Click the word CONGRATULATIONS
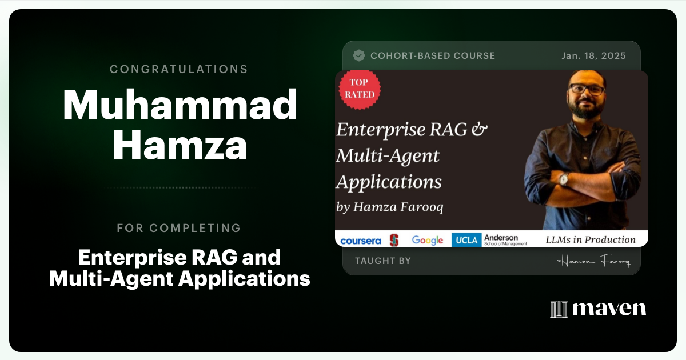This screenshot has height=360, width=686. (x=178, y=69)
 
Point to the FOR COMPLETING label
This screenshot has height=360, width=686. (x=178, y=228)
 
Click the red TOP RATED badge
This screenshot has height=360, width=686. (x=360, y=89)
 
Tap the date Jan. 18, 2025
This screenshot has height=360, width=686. (x=593, y=56)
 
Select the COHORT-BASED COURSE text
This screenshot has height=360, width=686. (x=433, y=56)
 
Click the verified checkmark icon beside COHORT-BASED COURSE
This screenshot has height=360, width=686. (x=359, y=55)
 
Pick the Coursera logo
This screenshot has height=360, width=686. (x=360, y=241)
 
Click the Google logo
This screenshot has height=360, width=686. (x=428, y=241)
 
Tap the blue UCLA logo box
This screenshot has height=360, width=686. (x=466, y=240)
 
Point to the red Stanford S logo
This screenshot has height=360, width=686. (x=394, y=240)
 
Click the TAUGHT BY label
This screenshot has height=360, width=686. (x=382, y=261)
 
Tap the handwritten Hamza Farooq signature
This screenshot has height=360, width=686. (x=593, y=262)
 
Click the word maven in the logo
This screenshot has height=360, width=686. (x=609, y=309)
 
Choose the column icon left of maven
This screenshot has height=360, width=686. (x=559, y=309)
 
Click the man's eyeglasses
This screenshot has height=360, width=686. (x=587, y=90)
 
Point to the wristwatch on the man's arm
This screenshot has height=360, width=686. (x=564, y=179)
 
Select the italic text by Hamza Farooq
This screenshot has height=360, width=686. (x=390, y=207)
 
